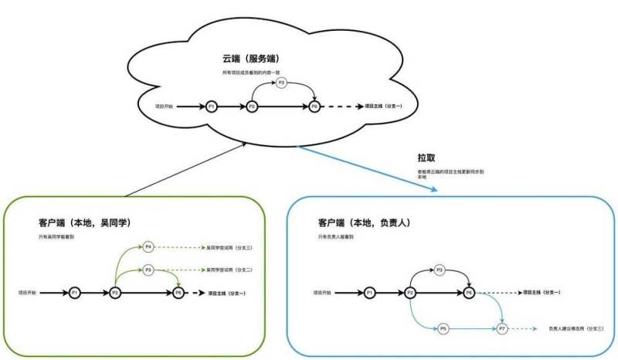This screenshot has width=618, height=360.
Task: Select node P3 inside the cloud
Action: (x=281, y=83)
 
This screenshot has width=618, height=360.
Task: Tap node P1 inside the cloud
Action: (x=212, y=106)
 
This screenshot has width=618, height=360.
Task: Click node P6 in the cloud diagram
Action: (x=314, y=106)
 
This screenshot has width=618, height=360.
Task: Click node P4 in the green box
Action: (x=148, y=247)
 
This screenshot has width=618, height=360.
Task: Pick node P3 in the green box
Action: (x=148, y=270)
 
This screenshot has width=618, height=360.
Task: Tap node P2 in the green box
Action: (x=115, y=293)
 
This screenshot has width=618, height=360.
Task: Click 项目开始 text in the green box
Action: (x=31, y=293)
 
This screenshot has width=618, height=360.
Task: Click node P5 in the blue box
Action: (x=443, y=329)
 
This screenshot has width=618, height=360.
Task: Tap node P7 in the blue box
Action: (x=502, y=329)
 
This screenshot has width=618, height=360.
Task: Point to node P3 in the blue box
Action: (x=440, y=270)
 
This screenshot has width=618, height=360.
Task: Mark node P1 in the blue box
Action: (x=370, y=293)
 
